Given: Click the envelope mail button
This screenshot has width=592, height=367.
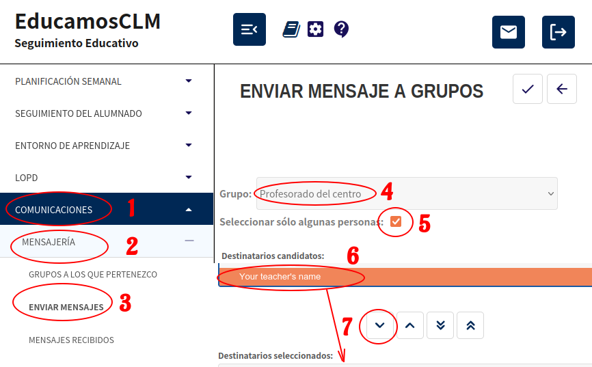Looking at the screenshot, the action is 508,32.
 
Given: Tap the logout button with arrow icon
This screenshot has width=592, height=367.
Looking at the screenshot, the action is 558,32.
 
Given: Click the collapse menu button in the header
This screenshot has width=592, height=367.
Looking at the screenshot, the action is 250,29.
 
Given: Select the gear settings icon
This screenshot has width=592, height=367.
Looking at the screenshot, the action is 315,29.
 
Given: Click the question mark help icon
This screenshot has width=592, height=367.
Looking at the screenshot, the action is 341,29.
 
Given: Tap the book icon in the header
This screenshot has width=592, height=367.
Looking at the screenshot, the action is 291,29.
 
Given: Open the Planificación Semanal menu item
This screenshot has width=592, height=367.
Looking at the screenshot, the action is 68,81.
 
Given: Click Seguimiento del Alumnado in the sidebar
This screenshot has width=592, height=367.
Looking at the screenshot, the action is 79,113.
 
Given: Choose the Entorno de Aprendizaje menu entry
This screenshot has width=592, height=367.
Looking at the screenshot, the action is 72,146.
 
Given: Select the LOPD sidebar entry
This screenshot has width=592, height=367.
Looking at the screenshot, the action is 27,178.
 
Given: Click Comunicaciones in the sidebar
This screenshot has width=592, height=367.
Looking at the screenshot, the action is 53,210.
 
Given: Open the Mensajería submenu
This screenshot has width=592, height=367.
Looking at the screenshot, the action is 49,242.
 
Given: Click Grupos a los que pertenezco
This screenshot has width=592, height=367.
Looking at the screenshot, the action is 93,274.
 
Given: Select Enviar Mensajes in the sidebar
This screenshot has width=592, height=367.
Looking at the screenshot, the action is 66,307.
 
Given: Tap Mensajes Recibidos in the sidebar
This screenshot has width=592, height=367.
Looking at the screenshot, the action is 71,340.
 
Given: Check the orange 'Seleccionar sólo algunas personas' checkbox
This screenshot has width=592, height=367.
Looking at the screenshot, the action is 396,221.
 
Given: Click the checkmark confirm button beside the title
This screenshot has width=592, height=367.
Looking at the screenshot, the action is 528,89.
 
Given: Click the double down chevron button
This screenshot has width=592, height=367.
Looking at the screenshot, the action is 440,325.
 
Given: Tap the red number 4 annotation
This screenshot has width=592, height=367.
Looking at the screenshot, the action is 387,191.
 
